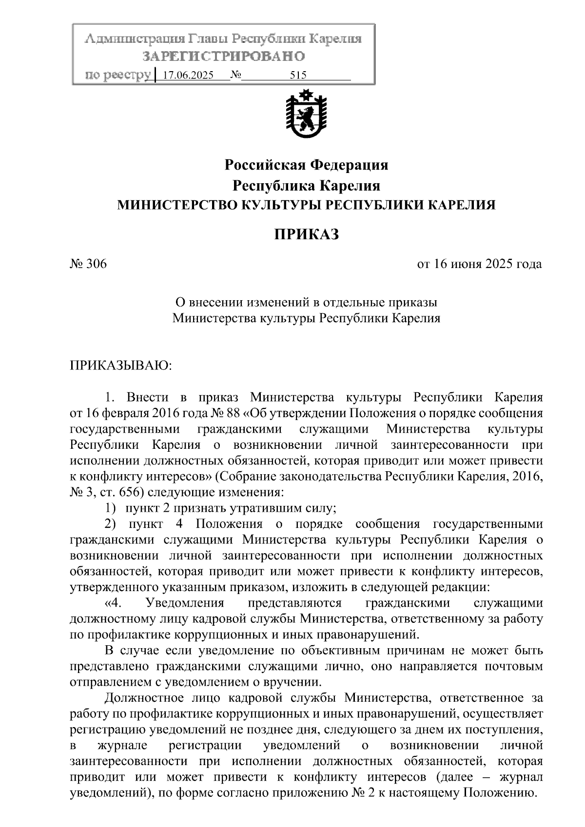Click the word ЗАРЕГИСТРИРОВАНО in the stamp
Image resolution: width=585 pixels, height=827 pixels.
tap(224, 57)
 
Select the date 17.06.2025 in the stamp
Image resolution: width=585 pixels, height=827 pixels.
tap(188, 76)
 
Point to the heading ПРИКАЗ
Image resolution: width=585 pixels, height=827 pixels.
tap(306, 234)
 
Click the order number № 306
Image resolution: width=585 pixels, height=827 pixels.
tap(88, 264)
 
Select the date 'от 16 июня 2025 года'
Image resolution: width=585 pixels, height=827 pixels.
tap(479, 264)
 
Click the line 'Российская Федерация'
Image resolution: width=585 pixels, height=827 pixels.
tap(306, 165)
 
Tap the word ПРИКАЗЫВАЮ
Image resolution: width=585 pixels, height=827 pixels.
tap(121, 365)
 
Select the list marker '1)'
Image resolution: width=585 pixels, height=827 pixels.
tap(111, 508)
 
